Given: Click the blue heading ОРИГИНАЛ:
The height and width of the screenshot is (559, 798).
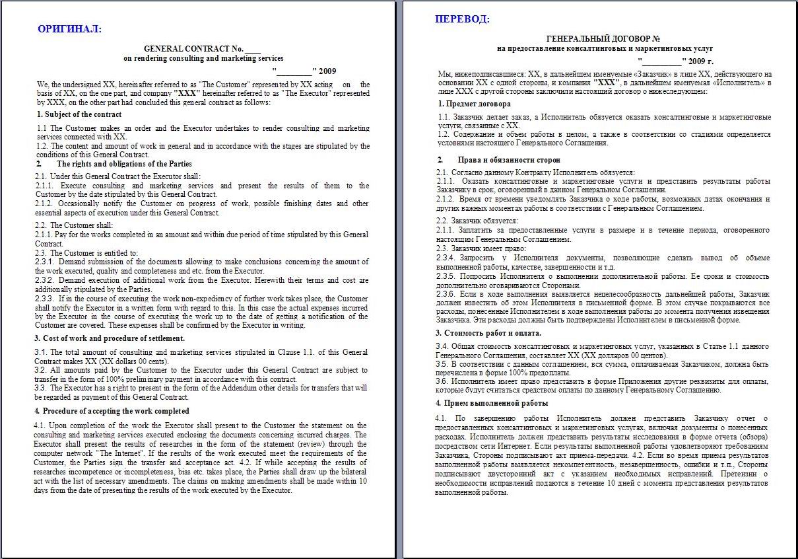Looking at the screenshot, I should click(x=69, y=28).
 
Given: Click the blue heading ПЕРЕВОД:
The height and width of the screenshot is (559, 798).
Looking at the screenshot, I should click(x=462, y=19).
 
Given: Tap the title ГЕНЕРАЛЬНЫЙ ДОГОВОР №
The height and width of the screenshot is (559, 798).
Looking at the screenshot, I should click(x=604, y=39).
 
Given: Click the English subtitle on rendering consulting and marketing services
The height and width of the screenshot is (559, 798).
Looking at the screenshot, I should click(x=203, y=58).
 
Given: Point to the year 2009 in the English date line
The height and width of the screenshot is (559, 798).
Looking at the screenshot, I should click(x=327, y=71).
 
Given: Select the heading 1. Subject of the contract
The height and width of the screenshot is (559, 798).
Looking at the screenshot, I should click(x=79, y=114).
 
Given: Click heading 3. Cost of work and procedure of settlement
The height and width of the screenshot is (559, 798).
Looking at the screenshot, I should click(x=110, y=338).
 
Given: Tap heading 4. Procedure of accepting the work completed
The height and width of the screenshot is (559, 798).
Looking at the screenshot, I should click(x=112, y=411).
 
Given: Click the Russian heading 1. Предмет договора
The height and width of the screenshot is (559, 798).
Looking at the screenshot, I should click(x=473, y=104).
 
